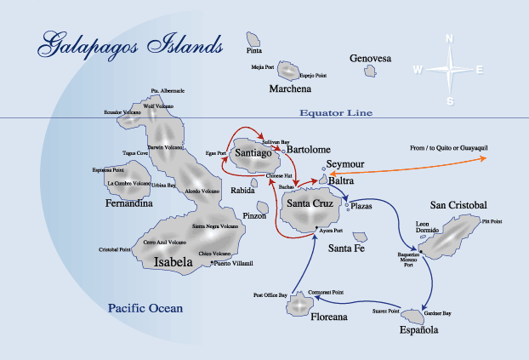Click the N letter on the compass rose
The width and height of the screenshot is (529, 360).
[450, 38]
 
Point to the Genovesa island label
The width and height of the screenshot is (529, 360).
[370, 59]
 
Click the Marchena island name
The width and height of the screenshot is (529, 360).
[290, 89]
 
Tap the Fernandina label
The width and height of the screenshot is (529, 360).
[129, 204]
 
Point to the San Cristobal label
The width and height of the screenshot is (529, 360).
[458, 206]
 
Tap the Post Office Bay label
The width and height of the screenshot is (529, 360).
[270, 295]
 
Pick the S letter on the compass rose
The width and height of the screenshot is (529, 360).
[450, 101]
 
